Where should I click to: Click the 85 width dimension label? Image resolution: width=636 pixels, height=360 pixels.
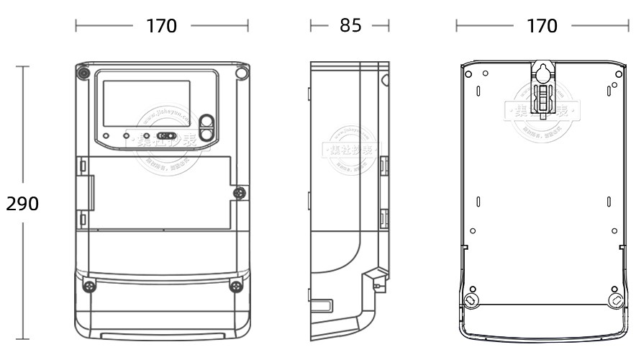[x=350, y=26]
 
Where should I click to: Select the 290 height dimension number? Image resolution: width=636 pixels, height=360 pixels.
[x=22, y=204]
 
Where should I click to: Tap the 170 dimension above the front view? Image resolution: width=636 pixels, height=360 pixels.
[x=161, y=26]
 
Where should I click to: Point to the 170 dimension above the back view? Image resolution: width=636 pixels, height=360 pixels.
[x=542, y=26]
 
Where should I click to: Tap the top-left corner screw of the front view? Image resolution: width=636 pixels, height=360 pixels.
[x=84, y=73]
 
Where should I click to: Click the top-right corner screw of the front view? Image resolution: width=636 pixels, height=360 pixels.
[x=242, y=73]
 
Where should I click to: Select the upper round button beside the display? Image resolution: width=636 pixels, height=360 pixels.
[x=207, y=122]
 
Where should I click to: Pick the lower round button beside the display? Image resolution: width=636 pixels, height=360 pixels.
[x=207, y=133]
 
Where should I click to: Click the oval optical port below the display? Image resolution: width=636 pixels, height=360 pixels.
[x=166, y=135]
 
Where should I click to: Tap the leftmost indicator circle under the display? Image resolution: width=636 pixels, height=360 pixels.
[x=106, y=135]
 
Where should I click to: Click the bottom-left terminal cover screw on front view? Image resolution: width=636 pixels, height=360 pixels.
[x=88, y=286]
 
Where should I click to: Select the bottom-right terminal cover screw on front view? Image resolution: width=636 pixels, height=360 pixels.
[x=235, y=286]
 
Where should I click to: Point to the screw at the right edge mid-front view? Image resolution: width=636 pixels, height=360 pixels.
[x=240, y=192]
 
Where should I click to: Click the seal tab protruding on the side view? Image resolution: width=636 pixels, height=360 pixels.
[x=374, y=279]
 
